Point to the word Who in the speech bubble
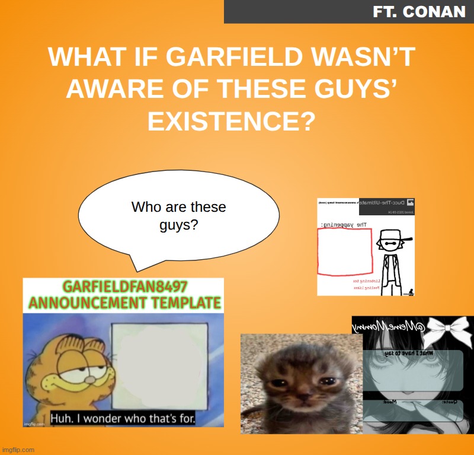(x=146, y=208)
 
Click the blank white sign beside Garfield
(x=159, y=365)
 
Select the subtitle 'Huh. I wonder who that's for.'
(x=123, y=418)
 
